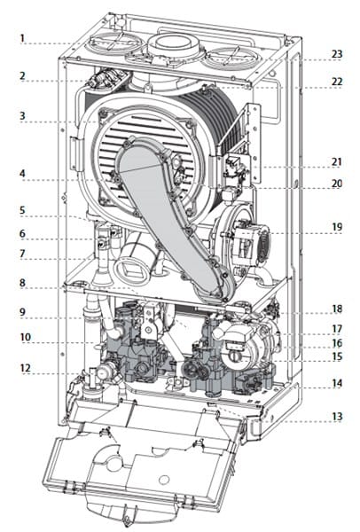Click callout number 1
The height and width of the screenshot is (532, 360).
coord(22,37)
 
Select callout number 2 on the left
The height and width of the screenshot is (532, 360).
coord(22,75)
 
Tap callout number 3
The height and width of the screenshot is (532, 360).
coord(22,115)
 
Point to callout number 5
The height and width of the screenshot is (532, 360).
coord(22,209)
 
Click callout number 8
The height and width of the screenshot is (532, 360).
coord(22,282)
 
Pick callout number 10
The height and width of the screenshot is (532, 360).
coord(25,337)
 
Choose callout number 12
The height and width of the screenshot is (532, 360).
coord(25,368)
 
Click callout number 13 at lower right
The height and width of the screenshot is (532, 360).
coord(337,416)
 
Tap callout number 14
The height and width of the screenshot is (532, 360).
coord(337,383)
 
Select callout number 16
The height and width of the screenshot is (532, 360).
coord(337,343)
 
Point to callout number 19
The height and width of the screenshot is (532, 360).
coord(337,227)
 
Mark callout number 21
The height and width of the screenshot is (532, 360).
coord(336,161)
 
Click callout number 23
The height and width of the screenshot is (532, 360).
coord(337,53)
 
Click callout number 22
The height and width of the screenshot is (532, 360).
coord(337,82)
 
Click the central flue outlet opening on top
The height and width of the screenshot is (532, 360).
coord(174,43)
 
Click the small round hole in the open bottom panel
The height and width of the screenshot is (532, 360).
coord(164,480)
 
